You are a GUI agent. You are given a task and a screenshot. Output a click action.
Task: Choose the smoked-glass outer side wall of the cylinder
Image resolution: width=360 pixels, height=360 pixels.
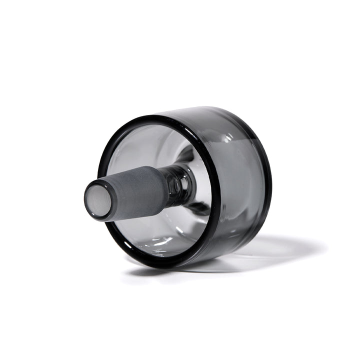pos(235,165)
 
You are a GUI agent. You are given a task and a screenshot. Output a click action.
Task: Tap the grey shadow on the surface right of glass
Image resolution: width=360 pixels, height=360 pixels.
pos(280,250)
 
